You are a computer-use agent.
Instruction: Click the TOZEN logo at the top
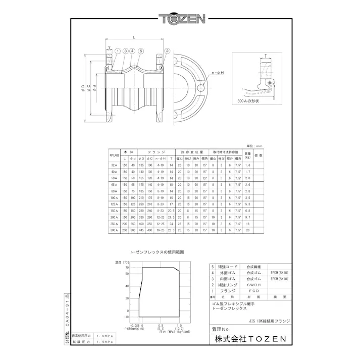pos(181,20)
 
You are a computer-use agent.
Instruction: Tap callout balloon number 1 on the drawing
pos(117,50)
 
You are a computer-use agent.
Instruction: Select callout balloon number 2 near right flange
pos(167,50)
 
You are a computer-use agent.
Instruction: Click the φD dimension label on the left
pos(82,88)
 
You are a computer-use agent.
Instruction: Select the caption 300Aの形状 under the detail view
pos(248,101)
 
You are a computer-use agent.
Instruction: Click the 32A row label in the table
pos(114,165)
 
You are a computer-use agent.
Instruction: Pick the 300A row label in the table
pos(114,230)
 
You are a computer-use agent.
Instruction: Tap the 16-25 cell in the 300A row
pos(161,230)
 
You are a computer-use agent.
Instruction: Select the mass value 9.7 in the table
pos(248,217)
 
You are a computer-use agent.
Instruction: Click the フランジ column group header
pos(153,151)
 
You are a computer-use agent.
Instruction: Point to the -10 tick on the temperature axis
pos(126,317)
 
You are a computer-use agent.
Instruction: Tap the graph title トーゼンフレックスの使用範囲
pos(157,251)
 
